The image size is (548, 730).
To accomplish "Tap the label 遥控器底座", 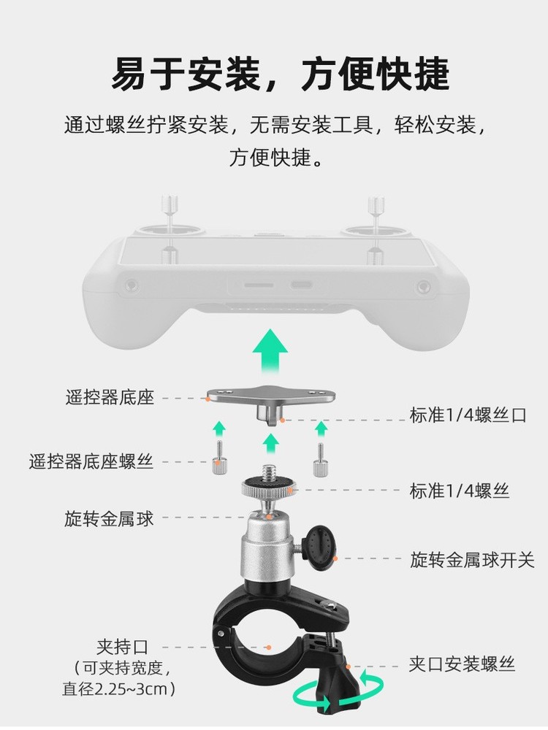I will coord(110,398).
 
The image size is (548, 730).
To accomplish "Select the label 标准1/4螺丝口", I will coord(468,415).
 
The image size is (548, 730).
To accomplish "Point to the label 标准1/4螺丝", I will coord(459,491).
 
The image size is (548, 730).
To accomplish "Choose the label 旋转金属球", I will coord(110,519).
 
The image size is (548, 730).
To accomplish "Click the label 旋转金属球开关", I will coord(472,560).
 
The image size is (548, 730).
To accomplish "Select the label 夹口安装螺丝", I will coord(462,664).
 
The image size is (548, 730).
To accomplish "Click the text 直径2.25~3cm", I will coord(121,688).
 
